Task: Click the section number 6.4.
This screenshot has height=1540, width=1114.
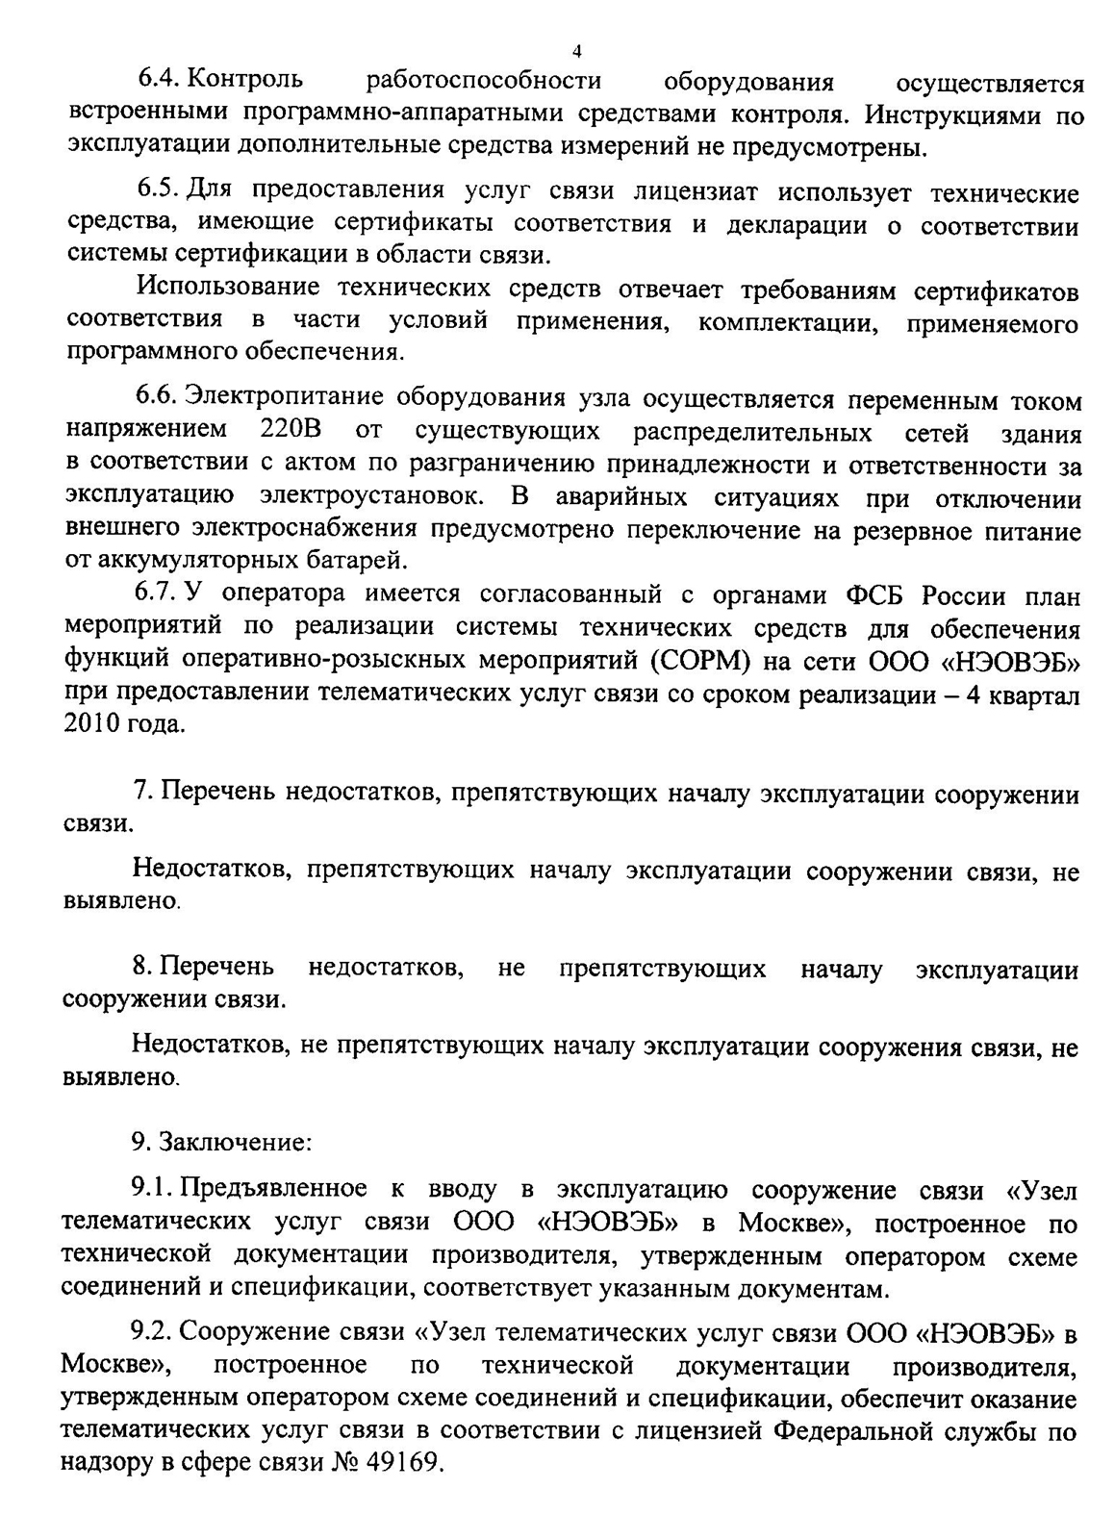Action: (158, 80)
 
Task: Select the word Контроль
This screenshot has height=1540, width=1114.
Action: (249, 80)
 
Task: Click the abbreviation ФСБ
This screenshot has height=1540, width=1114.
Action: (874, 595)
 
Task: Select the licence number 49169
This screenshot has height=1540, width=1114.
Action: (401, 1463)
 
